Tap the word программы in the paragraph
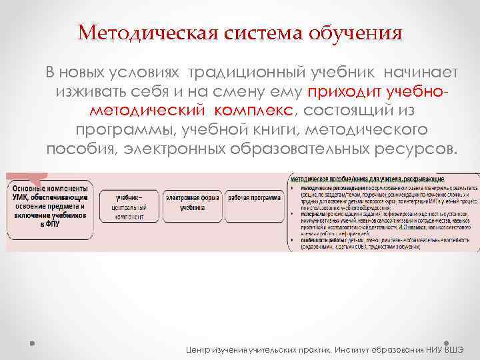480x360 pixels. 121,128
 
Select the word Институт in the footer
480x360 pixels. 360,350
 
